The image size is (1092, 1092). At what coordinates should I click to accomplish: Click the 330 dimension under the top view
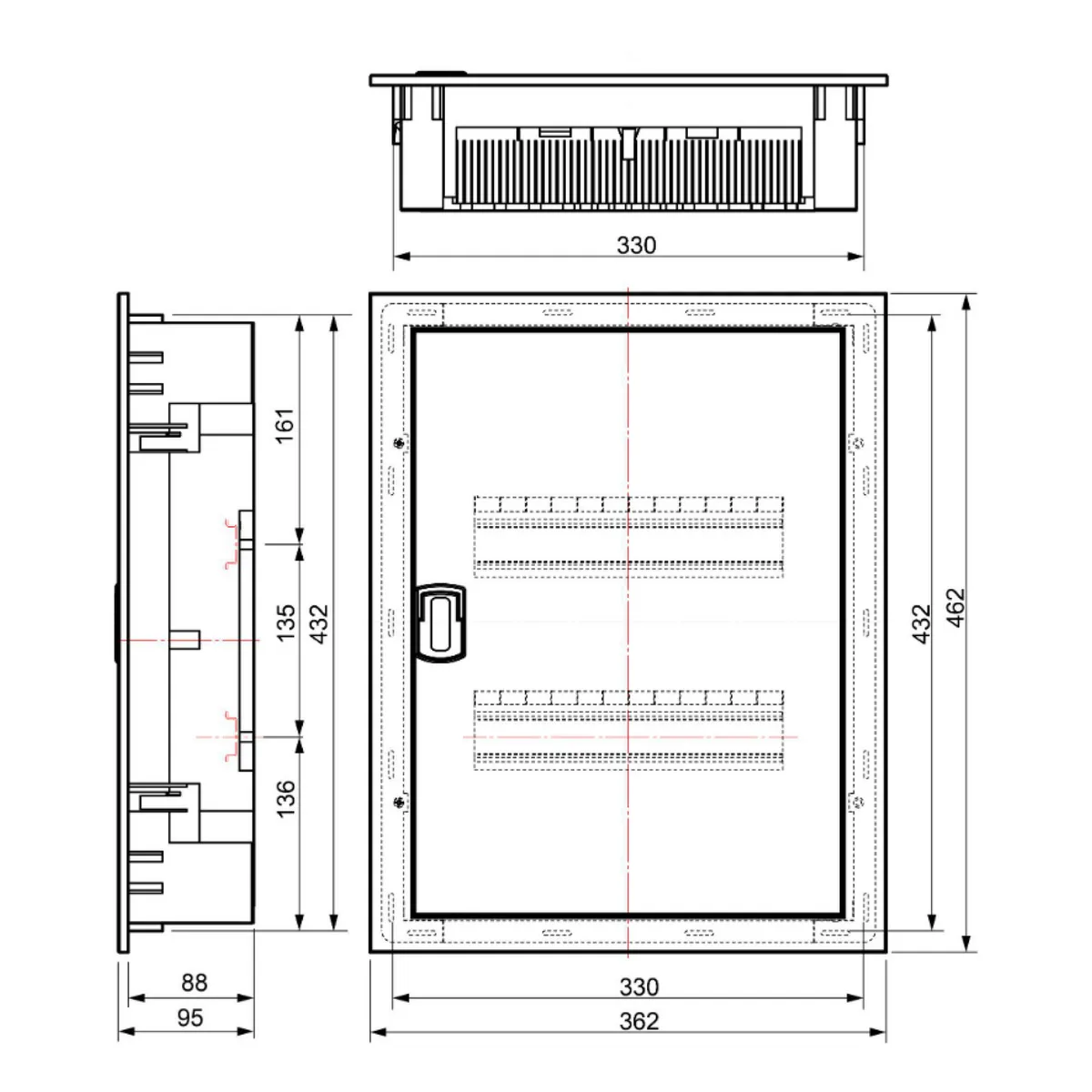[636, 245]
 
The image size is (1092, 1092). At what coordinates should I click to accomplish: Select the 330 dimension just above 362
[639, 986]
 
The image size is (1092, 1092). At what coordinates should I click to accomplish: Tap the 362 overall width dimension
[639, 1021]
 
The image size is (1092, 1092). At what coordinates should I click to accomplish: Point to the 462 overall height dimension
[955, 607]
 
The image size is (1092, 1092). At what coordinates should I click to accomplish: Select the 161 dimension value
[286, 425]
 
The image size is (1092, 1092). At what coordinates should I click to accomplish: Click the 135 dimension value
[286, 622]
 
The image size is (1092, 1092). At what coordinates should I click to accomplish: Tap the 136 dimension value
[286, 798]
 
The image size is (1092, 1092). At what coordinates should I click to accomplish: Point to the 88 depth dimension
[194, 983]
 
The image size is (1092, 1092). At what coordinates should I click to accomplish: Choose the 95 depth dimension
[190, 1017]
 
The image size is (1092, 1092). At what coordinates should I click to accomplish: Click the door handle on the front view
[440, 622]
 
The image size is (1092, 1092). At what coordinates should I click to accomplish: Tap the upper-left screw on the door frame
[399, 443]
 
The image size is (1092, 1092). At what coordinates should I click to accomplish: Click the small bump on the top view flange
[441, 73]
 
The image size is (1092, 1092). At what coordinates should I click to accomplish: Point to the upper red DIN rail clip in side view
[234, 544]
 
